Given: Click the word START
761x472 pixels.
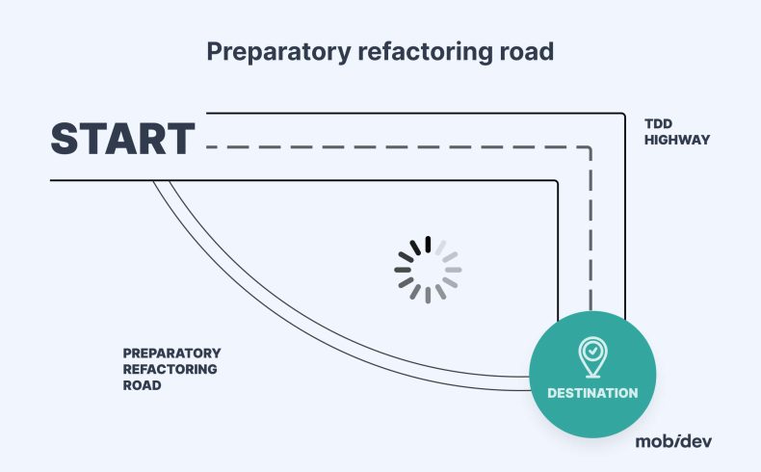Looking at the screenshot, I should [122, 140].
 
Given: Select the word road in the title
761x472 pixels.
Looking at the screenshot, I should [526, 51].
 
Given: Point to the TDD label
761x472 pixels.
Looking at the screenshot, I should [658, 123].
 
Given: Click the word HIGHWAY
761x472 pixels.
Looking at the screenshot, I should [676, 140].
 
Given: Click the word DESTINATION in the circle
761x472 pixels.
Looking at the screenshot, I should [592, 393].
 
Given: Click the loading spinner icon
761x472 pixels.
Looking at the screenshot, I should [428, 270].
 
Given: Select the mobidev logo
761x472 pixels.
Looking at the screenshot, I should [674, 441].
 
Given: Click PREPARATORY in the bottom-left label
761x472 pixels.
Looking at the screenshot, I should [171, 354].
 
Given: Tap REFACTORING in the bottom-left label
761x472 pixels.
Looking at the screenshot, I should [170, 369].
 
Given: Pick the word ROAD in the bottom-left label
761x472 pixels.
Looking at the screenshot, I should [142, 385].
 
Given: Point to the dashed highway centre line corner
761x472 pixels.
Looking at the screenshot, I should [590, 147].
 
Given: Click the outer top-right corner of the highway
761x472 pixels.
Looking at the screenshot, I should [624, 114].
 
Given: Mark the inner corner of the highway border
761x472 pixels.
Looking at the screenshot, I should [558, 181].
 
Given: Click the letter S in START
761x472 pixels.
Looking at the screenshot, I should [66, 140].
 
